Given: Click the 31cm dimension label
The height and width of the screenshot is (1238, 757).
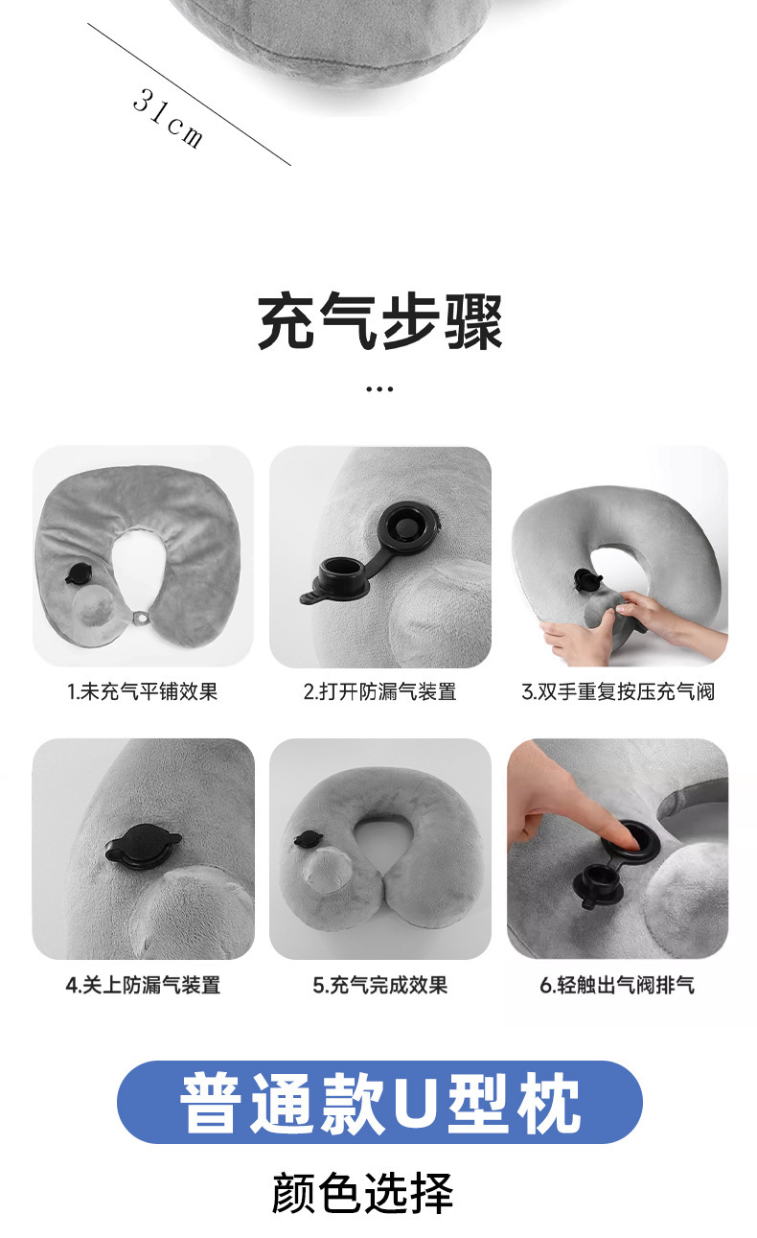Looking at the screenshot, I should coord(168,118).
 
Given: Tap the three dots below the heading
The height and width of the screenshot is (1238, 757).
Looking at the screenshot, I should coord(379,389).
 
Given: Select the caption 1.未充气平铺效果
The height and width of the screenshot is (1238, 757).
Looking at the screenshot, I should coord(143,691).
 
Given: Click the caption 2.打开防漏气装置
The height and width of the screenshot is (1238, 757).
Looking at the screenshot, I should coord(379,691).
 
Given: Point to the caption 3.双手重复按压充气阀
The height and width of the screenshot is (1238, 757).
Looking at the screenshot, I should coord(618,691).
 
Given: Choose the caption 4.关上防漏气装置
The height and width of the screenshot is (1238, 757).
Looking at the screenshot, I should coord(143,985).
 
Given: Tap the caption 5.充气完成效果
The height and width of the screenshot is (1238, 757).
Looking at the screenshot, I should coord(379,985).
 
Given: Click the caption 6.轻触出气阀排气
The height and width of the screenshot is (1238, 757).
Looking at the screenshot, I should coord(618,985).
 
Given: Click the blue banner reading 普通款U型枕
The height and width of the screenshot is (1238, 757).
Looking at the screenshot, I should coord(379,1102).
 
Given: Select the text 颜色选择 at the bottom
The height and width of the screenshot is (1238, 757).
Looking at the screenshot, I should coord(362,1194).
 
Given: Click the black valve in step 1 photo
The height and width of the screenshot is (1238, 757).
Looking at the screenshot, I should coord(78,574).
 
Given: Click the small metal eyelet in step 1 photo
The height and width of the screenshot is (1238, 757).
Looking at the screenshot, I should coord(143,616).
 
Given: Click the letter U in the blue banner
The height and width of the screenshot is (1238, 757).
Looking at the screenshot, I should coord(414,1103).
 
